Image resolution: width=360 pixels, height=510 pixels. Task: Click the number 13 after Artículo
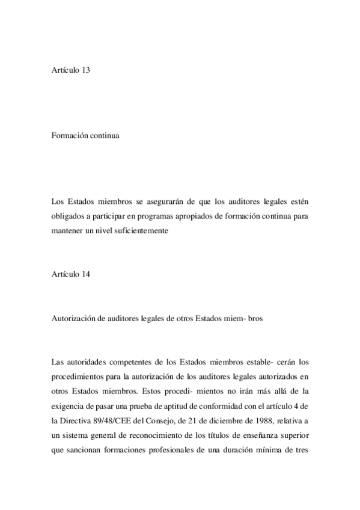[85, 70]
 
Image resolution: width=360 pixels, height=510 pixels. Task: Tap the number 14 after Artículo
[85, 276]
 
